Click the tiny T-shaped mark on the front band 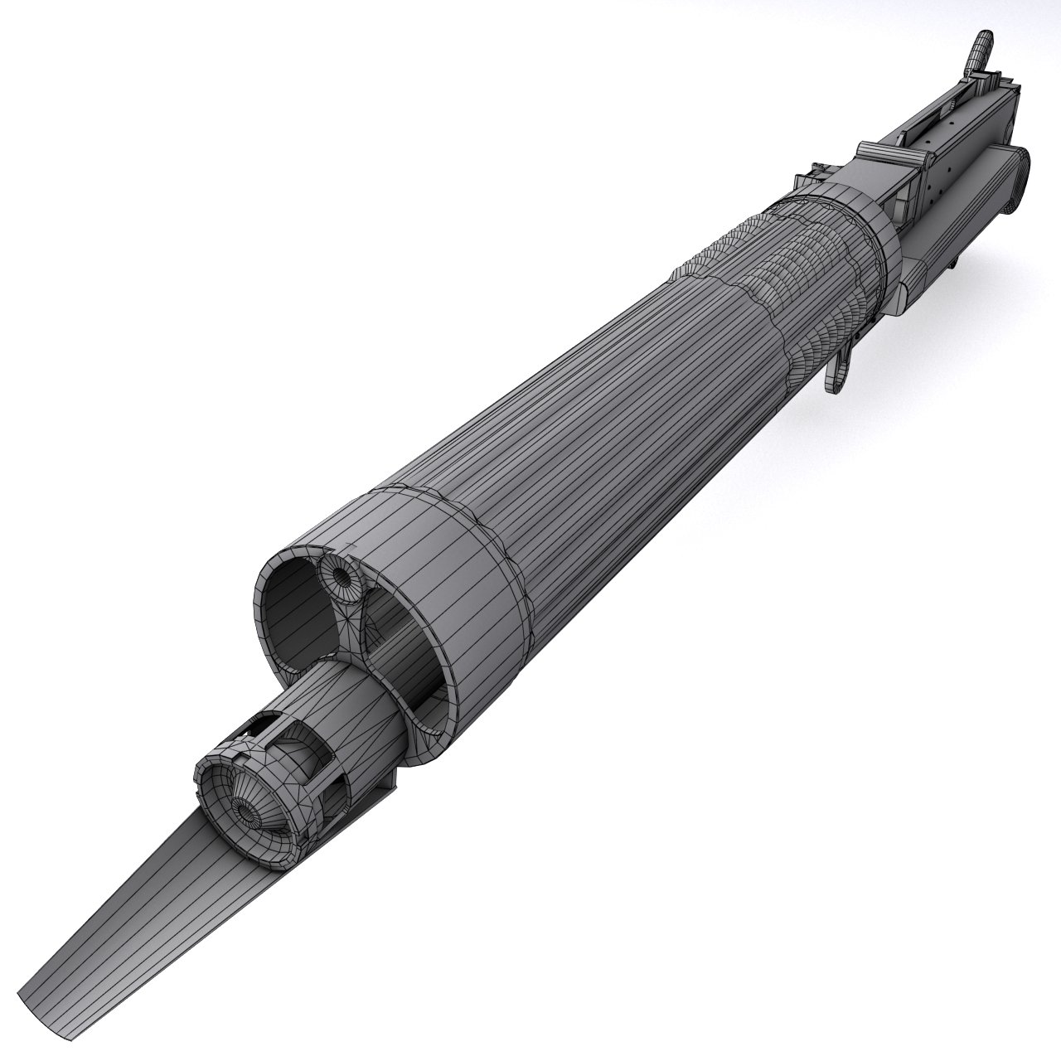coord(351,547)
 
